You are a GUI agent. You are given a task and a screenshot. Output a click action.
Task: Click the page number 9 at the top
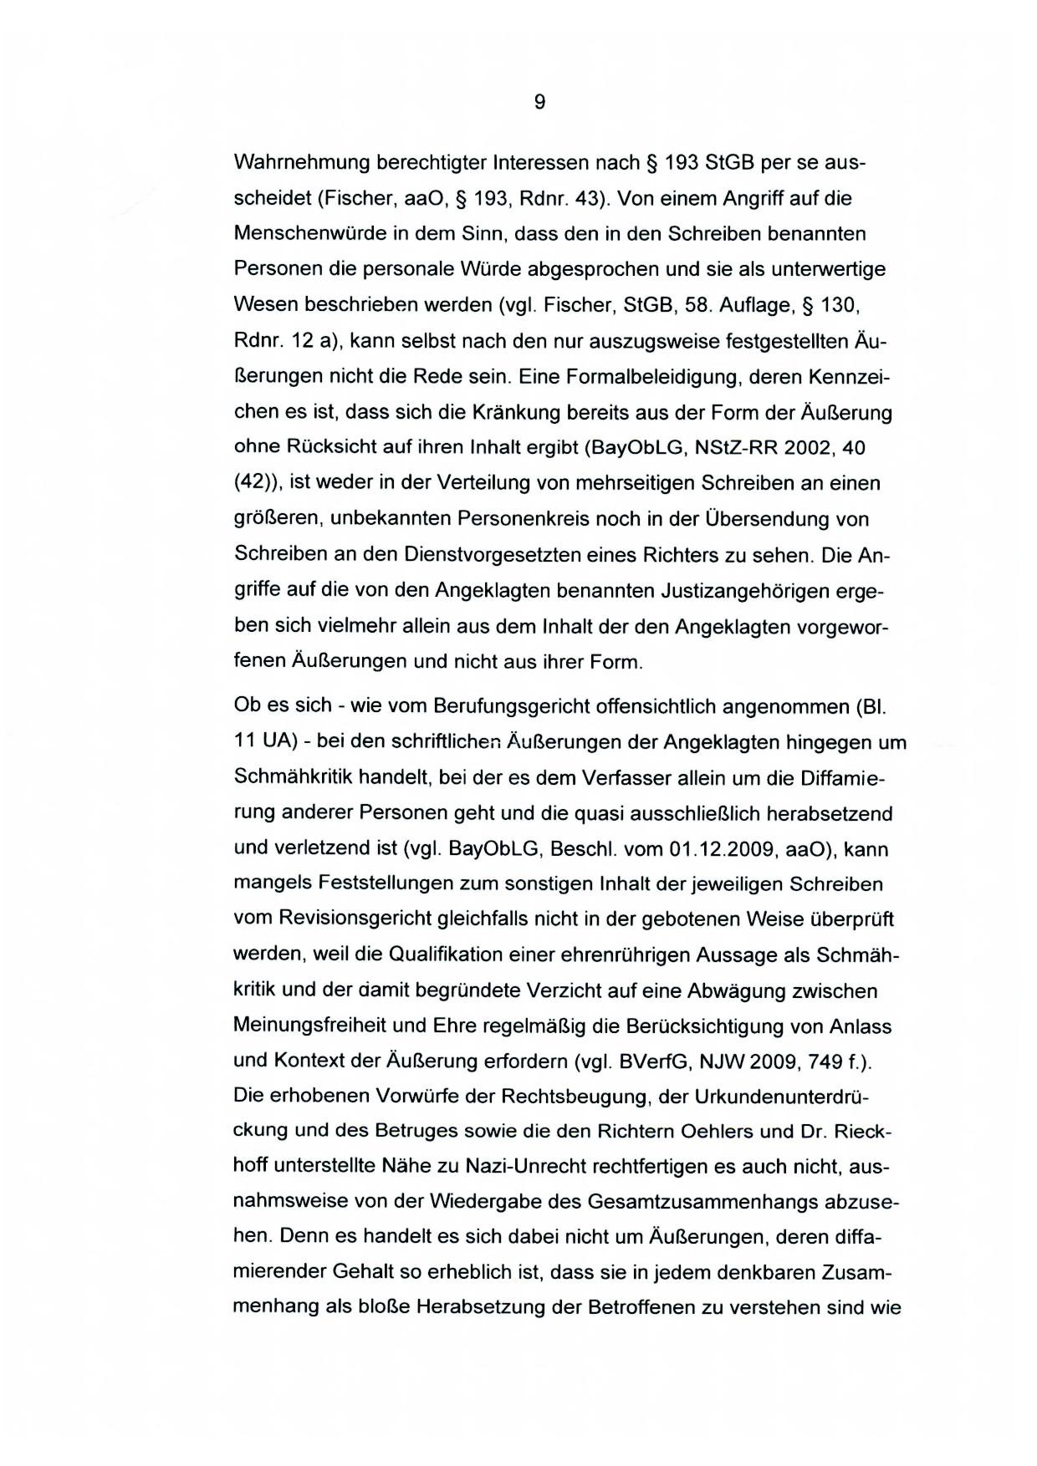tap(539, 102)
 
